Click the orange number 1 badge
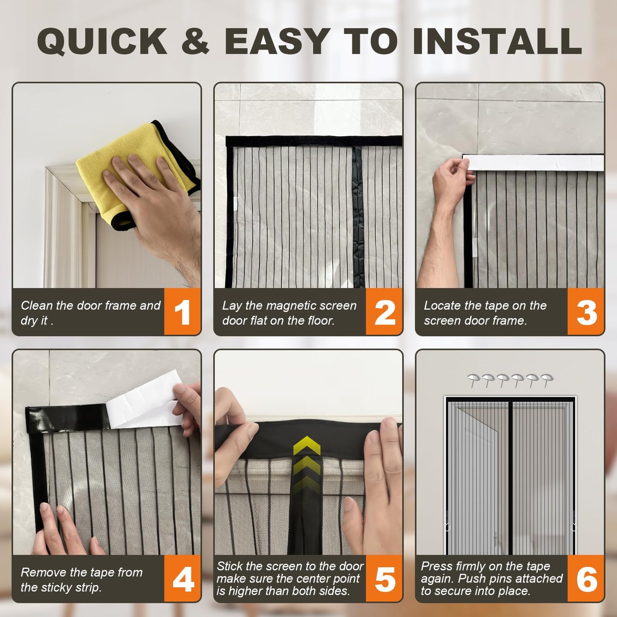[182, 312]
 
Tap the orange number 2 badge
[384, 312]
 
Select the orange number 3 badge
[586, 312]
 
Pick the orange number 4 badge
[182, 579]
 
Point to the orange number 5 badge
[384, 579]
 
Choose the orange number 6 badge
[586, 579]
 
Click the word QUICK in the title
[102, 41]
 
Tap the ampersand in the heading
[195, 41]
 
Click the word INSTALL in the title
[497, 41]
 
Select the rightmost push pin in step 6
[547, 379]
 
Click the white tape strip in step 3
[534, 163]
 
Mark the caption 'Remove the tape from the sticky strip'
[81, 579]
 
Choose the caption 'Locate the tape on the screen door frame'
[485, 313]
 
